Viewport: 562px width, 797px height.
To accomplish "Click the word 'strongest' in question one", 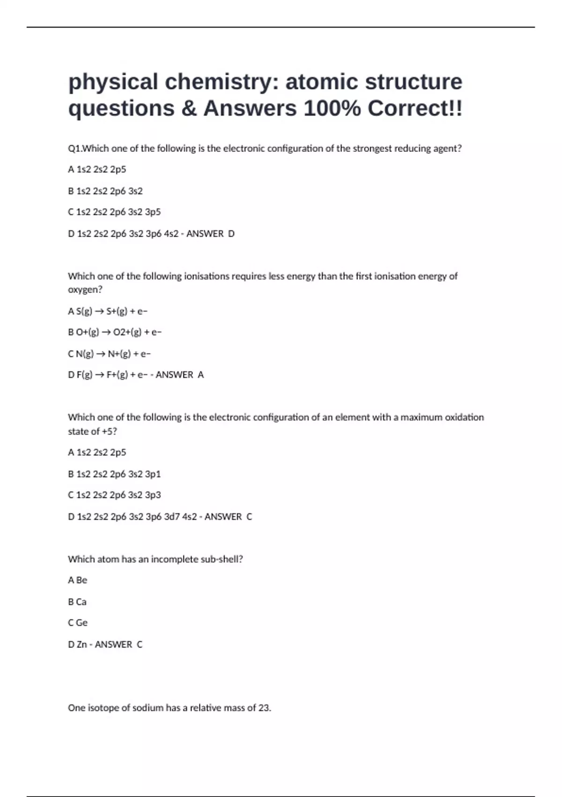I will click(372, 149).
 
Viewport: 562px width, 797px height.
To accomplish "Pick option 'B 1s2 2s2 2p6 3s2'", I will click(105, 191).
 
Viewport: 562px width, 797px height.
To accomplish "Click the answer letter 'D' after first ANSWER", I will click(231, 233).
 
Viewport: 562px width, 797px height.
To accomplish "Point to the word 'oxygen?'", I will click(85, 290).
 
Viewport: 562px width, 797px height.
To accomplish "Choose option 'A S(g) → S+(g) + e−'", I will click(108, 311).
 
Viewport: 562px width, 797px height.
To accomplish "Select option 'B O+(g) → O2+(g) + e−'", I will click(115, 332).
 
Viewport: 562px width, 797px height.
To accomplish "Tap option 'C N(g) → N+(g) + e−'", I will click(109, 353).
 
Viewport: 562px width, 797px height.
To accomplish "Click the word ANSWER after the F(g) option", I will click(174, 375).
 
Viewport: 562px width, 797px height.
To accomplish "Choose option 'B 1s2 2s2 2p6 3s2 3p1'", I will click(114, 474).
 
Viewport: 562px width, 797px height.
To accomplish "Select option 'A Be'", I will click(78, 580).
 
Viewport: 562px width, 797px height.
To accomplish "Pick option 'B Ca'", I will click(77, 602).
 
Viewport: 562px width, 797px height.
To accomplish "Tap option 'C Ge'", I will click(78, 623).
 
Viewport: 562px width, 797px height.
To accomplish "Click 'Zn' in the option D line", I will click(82, 645).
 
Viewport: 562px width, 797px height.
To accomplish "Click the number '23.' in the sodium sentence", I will click(265, 708).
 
